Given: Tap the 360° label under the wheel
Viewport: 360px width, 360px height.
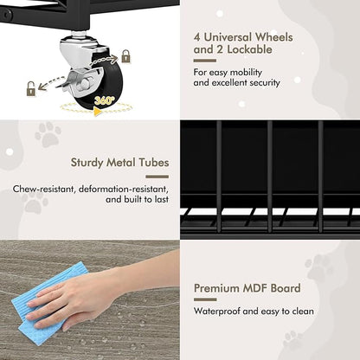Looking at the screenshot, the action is (105, 100).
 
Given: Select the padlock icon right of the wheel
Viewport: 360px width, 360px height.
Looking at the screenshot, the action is (125, 56).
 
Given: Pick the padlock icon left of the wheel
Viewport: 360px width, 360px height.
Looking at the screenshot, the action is (31, 89).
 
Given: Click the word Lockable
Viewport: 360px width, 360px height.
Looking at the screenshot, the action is (249, 49).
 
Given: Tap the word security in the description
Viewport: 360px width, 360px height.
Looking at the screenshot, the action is (265, 83).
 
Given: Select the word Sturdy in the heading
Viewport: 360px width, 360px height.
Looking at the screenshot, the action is (87, 163).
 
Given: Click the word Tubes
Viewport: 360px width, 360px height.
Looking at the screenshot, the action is (154, 162).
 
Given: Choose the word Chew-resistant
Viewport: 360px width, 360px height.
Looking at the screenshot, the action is (44, 190).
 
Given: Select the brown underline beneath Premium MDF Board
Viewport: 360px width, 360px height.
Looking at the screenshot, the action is (205, 299).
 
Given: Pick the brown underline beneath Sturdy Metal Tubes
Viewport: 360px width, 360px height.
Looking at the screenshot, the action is (157, 177).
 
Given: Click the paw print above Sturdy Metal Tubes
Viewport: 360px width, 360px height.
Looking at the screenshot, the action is (48, 134).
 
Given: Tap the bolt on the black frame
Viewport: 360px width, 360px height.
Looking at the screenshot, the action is (7, 14).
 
